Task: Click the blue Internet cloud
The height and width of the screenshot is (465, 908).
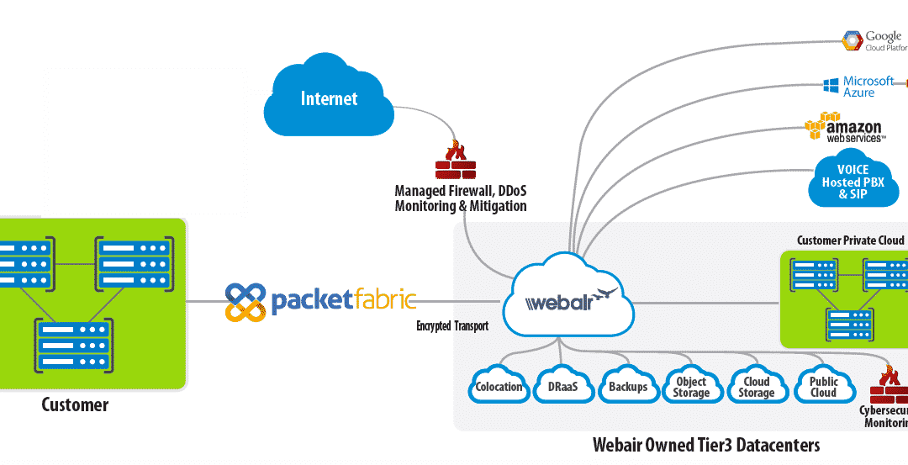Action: pos(330,99)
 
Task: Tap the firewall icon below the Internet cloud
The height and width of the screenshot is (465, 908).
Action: pos(456,161)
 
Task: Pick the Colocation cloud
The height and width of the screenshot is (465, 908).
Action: pos(499,387)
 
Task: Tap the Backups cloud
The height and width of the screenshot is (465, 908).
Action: pos(627,387)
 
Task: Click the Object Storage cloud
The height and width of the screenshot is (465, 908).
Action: pos(691,387)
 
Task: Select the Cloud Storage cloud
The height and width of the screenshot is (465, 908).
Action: pos(756,387)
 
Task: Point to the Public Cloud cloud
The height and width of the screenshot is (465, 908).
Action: pos(822,387)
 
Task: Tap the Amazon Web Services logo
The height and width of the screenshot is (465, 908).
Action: pos(844,128)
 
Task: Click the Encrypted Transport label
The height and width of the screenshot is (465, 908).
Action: pos(451,326)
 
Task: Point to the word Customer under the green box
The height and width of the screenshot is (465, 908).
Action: pos(75,405)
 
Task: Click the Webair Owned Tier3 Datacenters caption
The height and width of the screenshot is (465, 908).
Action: pos(705,444)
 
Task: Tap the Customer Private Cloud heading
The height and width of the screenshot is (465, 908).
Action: pos(850,240)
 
